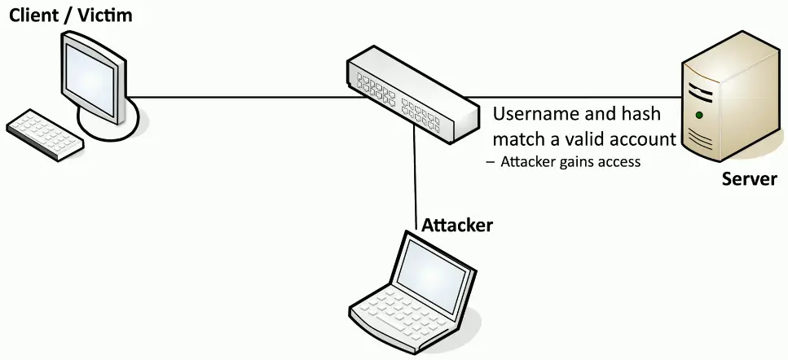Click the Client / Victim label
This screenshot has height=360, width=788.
click(x=70, y=15)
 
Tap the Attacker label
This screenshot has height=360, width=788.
click(x=456, y=225)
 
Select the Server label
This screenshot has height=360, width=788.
click(x=749, y=178)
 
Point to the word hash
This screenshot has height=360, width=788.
click(x=639, y=114)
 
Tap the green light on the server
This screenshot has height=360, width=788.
click(x=698, y=115)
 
